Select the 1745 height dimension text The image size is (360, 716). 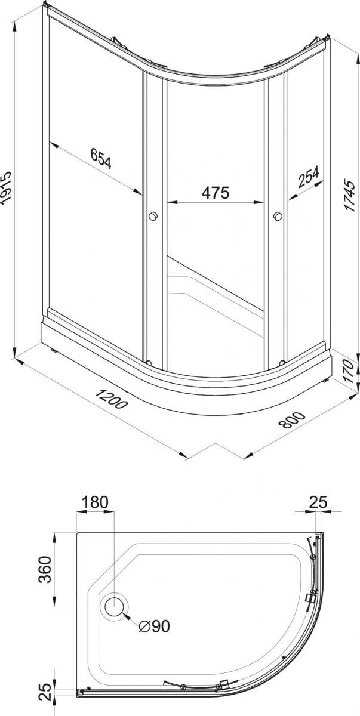[350, 195]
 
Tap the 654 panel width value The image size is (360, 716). [101, 158]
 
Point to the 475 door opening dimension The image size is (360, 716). [216, 193]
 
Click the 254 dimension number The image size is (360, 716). [309, 176]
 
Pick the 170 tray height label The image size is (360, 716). [350, 372]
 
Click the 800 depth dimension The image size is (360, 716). [292, 419]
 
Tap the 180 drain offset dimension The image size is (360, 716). [95, 502]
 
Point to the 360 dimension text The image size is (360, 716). [44, 570]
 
